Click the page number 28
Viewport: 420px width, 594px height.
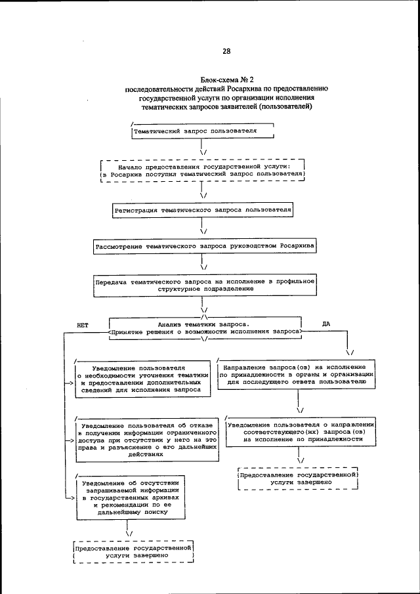coord(226,51)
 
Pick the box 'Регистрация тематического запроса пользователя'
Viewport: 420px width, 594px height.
coord(202,211)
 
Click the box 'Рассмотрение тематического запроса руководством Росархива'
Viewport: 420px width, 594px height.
coord(205,247)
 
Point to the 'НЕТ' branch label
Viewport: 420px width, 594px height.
coord(82,325)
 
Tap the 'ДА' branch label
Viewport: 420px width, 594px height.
coord(326,324)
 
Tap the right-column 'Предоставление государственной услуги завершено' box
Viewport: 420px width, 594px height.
coord(299,478)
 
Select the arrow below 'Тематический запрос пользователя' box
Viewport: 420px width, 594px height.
coord(203,148)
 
